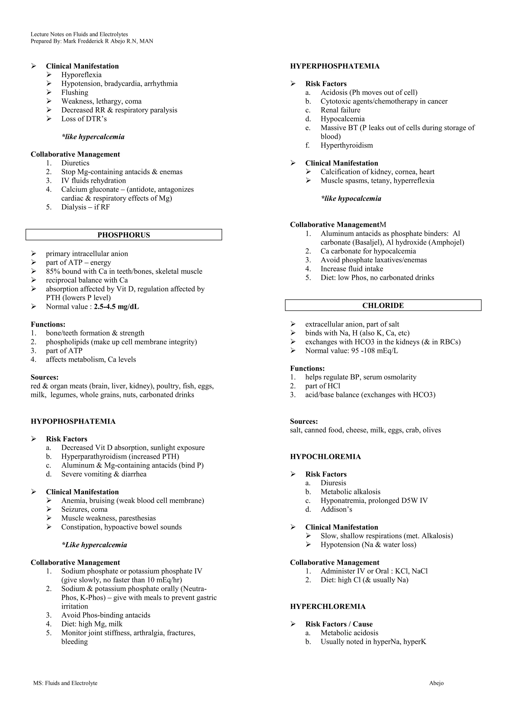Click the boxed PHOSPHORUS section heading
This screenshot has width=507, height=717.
[124, 235]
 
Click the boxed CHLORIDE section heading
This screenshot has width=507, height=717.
[383, 305]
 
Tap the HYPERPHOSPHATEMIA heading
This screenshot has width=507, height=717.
[335, 66]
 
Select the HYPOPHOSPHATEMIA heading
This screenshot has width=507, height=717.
[73, 421]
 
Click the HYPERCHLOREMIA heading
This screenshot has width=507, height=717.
[328, 607]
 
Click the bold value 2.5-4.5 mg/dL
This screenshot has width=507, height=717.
[116, 307]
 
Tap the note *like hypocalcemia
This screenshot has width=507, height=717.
[351, 199]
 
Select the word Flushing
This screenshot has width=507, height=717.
[75, 92]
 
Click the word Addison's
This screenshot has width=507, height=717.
[336, 509]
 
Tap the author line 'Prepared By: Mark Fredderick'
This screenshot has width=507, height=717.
[92, 41]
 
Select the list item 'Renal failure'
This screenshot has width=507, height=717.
[340, 110]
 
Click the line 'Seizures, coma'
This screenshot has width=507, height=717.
[84, 509]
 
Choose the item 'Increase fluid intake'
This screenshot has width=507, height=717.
[352, 269]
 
